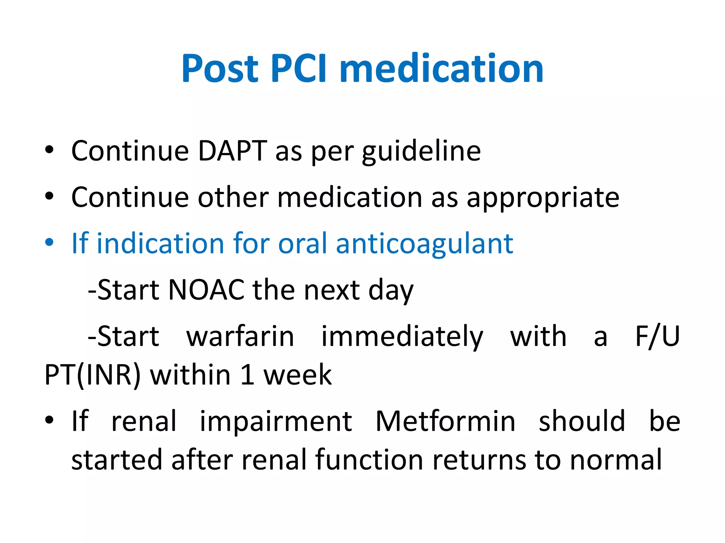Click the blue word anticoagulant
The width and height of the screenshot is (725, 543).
coord(424,244)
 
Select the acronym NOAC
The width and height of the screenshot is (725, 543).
coord(206,290)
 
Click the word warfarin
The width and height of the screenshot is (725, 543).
coord(240,336)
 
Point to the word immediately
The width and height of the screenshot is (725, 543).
coord(402,337)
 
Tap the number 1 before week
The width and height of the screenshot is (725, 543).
coord(247,375)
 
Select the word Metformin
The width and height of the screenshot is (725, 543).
coord(445,421)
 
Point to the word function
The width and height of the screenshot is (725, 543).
coord(369,460)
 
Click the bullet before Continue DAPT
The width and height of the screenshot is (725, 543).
coord(49,150)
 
